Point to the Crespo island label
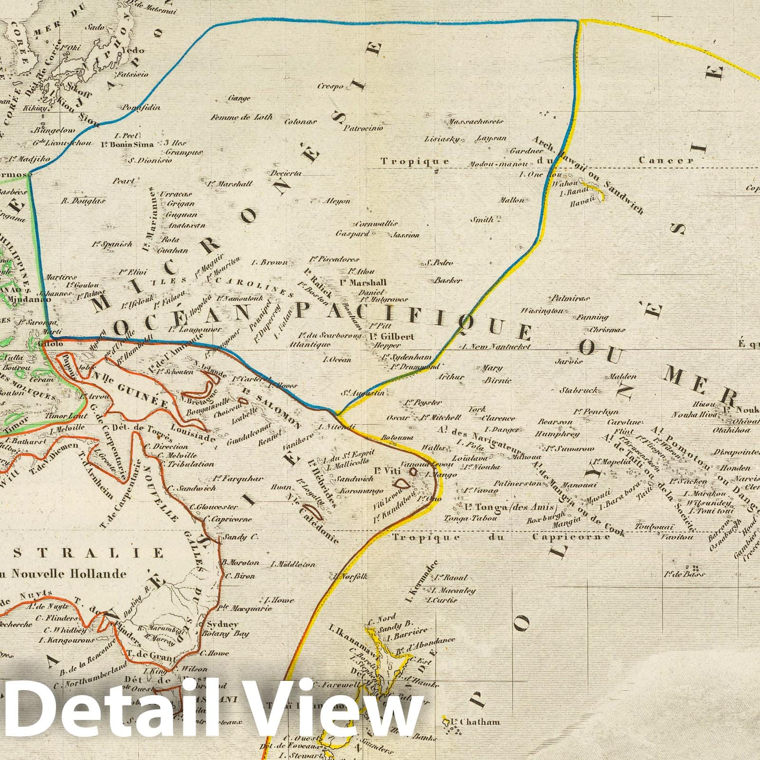pos(331,86)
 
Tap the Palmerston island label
pos(518,484)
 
